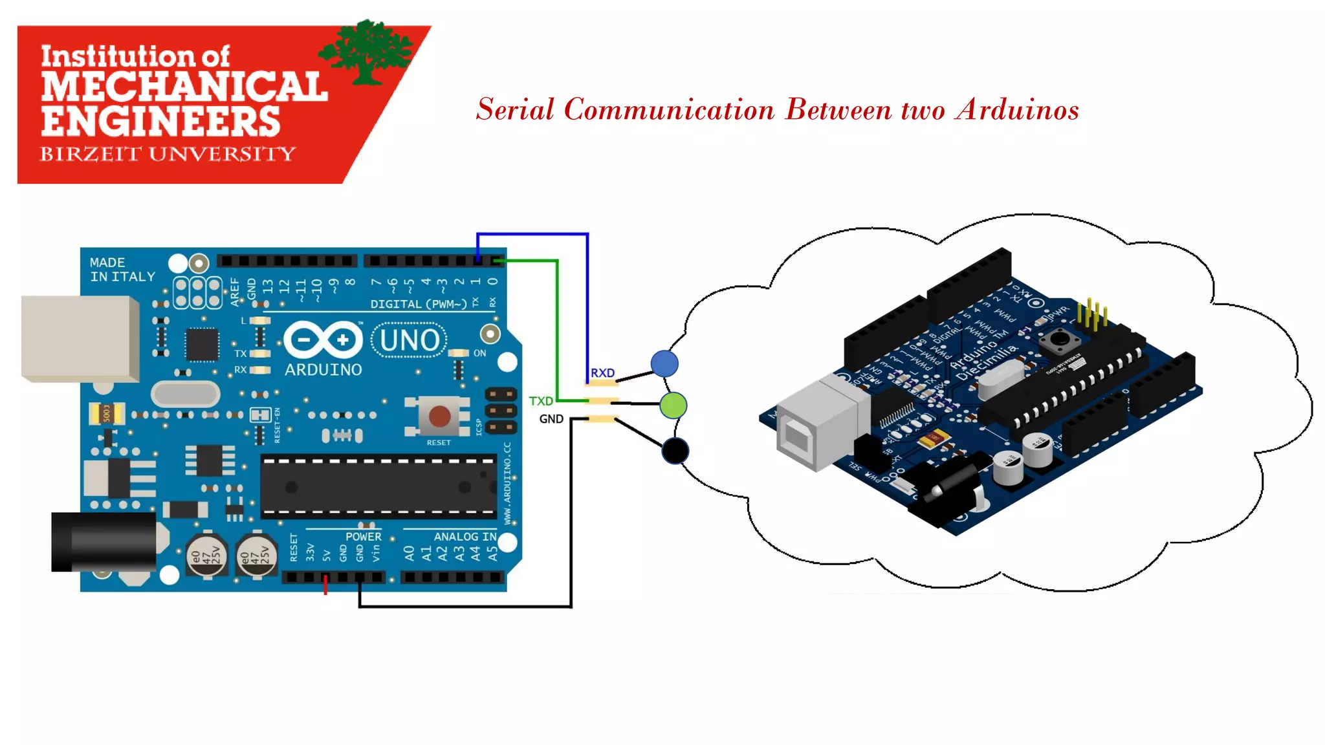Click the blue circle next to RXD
[664, 363]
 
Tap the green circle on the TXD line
[673, 405]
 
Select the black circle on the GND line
[675, 451]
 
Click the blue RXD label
[602, 373]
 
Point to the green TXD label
[541, 401]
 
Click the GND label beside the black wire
[551, 419]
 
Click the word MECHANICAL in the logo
[184, 87]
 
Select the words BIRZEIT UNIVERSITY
[168, 154]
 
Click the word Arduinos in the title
[1018, 109]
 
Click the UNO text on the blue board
[409, 340]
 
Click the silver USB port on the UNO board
[79, 338]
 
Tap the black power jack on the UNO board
[104, 542]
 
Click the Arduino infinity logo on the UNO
[323, 340]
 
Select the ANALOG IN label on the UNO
[465, 537]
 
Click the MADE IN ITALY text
[122, 270]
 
